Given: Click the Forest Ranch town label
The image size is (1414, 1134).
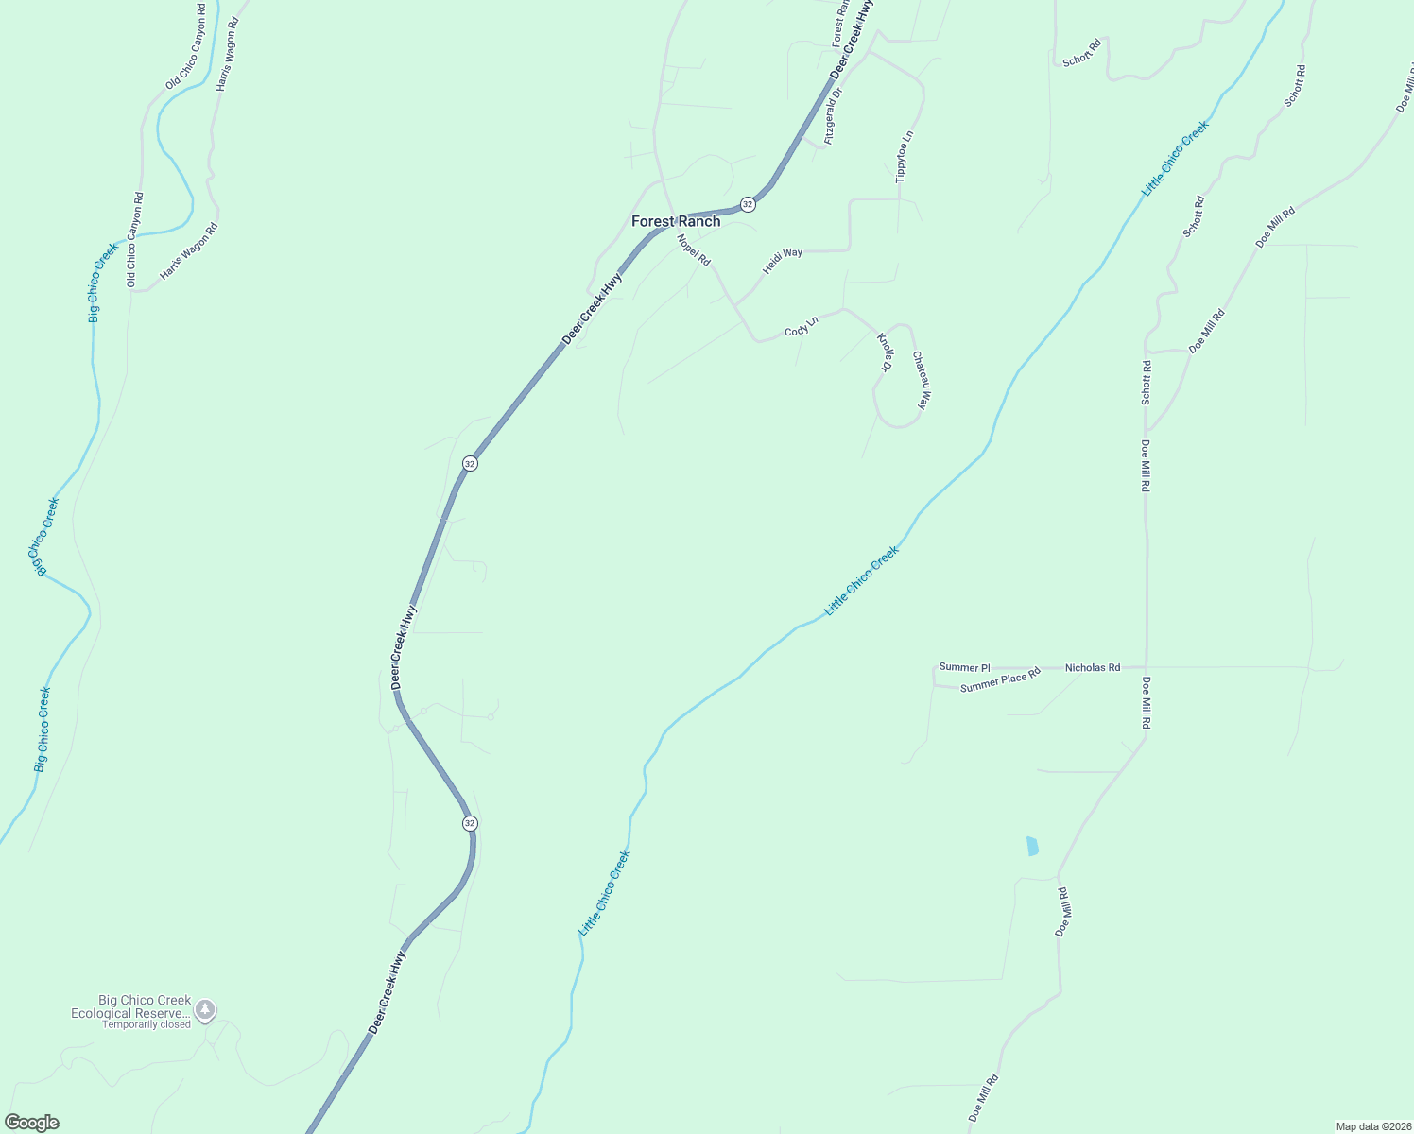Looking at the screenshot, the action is [x=676, y=221].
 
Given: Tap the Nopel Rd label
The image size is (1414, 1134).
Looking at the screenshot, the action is [x=694, y=250].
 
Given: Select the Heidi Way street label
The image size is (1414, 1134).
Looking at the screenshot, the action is [x=783, y=259].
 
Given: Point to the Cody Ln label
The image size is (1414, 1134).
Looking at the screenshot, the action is [x=801, y=327].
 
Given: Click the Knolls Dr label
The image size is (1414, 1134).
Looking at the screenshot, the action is [x=886, y=352].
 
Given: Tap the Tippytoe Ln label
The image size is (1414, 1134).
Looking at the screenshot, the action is [x=905, y=157].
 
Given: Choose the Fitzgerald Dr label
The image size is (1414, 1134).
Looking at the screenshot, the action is [x=833, y=116].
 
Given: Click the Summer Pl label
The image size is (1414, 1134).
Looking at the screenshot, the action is [x=964, y=667].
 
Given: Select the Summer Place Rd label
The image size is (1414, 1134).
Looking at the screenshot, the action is [x=1000, y=679].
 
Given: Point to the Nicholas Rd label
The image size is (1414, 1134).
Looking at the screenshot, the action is [x=1092, y=667].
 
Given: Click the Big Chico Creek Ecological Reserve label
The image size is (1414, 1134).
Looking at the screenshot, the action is [x=131, y=1006].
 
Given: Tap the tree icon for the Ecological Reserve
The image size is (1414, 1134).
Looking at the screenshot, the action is [x=205, y=1010].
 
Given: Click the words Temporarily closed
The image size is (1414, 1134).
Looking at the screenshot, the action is [x=147, y=1024].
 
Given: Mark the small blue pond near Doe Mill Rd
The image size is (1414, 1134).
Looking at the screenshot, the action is [x=1032, y=846].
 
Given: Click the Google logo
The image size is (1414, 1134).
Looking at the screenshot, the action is [x=32, y=1122].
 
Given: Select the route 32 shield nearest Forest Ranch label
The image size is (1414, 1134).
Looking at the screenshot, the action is [x=748, y=204].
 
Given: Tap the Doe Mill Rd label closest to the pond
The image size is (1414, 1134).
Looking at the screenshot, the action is [x=1064, y=912].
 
